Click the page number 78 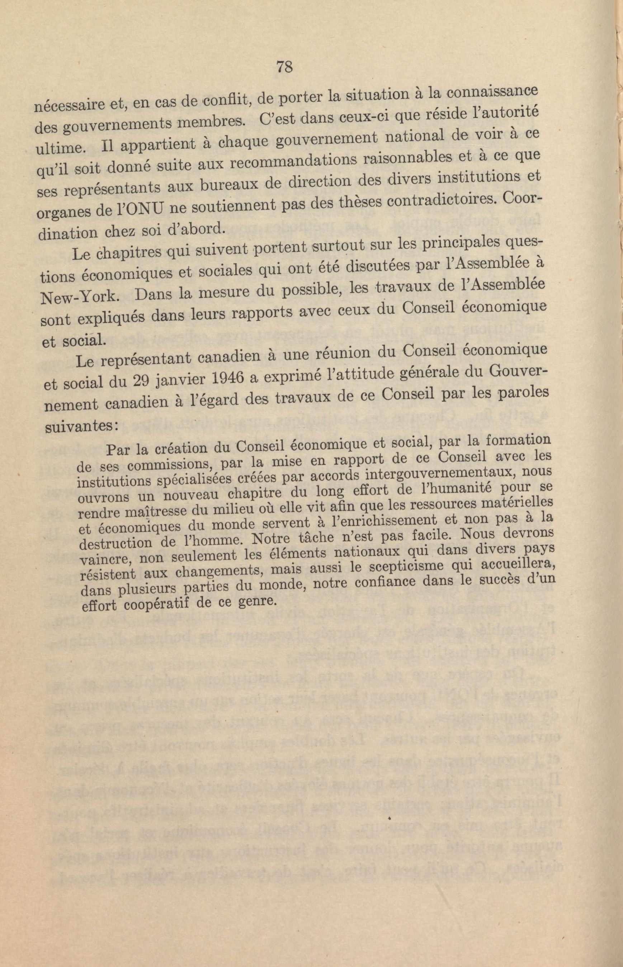(x=284, y=67)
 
